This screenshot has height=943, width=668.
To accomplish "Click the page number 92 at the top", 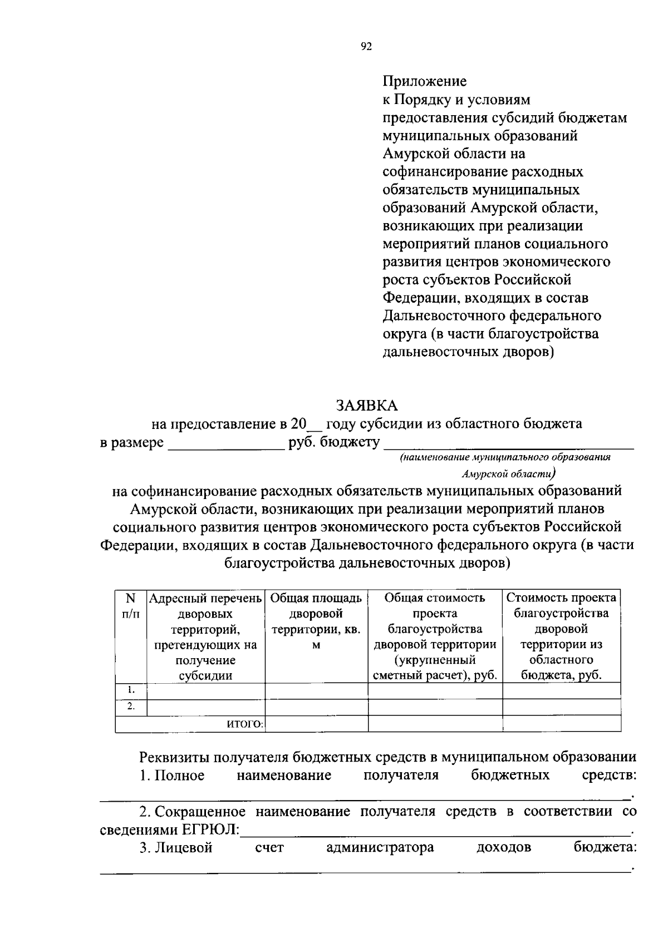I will point(366,47).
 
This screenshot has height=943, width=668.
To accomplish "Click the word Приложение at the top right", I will point(424,81).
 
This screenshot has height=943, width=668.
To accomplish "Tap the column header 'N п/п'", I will point(130,606).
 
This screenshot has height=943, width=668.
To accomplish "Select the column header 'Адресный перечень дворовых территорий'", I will point(205,636).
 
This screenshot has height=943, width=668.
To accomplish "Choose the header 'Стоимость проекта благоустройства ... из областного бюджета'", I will point(561,636).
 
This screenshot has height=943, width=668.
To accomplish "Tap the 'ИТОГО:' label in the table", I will point(245,723).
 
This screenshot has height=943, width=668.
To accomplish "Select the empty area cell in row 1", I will point(316,690).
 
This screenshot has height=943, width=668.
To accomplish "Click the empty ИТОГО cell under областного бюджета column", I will point(561,723).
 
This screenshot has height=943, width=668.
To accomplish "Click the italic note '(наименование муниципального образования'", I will point(505,457).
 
